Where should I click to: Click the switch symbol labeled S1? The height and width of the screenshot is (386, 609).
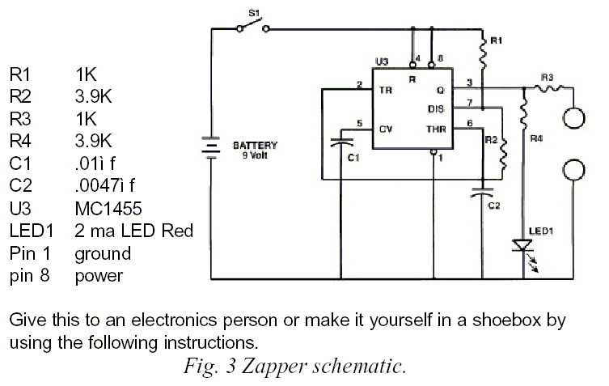(253, 26)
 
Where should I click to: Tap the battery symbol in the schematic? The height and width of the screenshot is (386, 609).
(210, 147)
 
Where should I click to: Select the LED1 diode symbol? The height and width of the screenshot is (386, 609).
(523, 246)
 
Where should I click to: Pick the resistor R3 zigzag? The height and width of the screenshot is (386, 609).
(548, 89)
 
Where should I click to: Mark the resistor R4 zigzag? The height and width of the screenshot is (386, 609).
(523, 112)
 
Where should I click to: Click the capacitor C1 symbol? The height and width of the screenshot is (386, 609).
(341, 142)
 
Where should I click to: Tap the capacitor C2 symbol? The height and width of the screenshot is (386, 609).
(482, 192)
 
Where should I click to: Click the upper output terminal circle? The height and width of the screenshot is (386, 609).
(573, 117)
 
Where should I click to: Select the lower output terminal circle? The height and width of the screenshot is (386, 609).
(573, 170)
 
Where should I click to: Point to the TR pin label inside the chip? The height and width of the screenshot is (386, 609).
(385, 90)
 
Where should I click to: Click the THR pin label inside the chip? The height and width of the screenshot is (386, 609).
(436, 129)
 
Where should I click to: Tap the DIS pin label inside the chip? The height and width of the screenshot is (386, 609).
(436, 109)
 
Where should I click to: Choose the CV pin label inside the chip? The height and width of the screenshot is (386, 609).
(385, 129)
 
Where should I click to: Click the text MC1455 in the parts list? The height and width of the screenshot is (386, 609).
(108, 209)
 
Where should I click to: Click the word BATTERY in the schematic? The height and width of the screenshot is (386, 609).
(256, 146)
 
